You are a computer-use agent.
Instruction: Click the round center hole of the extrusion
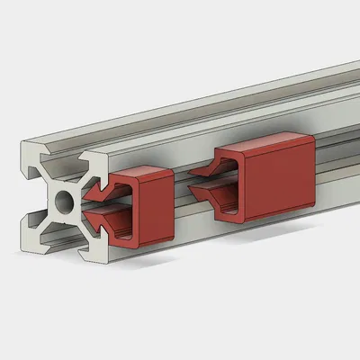point(62,200)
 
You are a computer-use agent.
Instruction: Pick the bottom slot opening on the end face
point(62,243)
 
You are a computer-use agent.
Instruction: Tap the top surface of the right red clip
point(265,139)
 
